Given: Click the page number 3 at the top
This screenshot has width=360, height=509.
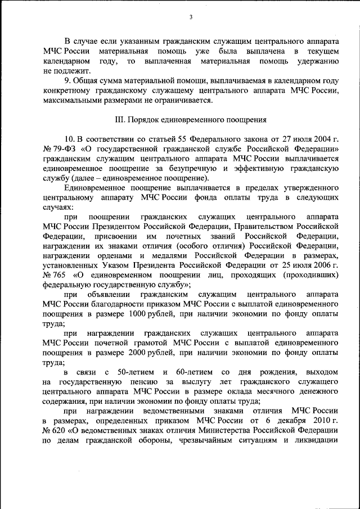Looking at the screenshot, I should pyautogui.click(x=191, y=17).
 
